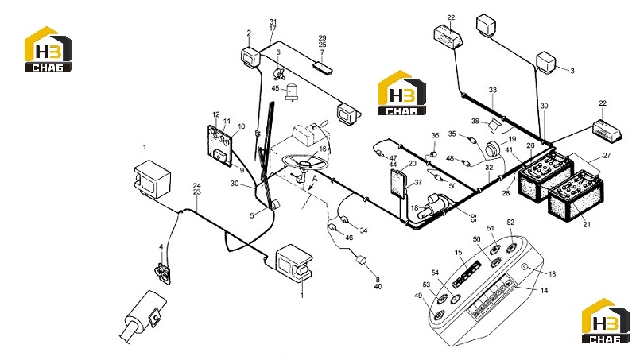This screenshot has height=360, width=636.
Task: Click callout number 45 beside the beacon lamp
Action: [x=275, y=88]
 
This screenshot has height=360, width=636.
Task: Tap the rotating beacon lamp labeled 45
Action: [x=292, y=92]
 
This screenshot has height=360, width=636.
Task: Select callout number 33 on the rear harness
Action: [x=492, y=90]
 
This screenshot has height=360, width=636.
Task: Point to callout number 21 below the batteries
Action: [x=587, y=224]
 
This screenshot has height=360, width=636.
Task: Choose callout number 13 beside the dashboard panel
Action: [x=552, y=274]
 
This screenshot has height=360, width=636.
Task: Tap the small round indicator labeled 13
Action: [x=525, y=267]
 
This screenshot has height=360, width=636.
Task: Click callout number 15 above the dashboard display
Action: [x=459, y=252]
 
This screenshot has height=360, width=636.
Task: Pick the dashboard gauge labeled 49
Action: [x=439, y=315]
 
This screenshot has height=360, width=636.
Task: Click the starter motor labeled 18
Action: [x=433, y=206]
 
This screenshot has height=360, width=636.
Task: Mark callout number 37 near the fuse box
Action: [x=418, y=183]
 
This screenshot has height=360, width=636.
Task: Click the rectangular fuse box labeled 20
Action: [x=399, y=184]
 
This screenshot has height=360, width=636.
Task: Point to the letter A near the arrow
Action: [x=314, y=178]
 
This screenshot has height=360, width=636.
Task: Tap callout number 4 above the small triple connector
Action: [x=161, y=246]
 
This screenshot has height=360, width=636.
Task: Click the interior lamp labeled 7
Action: [x=324, y=68]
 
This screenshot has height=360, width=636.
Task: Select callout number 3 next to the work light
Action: [x=572, y=71]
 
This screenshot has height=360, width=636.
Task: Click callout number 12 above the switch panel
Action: [x=215, y=114]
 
